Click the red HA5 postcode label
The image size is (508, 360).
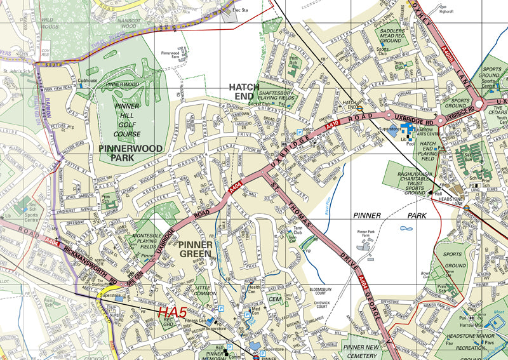[171, 312]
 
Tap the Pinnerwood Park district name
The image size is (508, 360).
[131, 153]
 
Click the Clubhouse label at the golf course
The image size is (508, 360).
[87, 81]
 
